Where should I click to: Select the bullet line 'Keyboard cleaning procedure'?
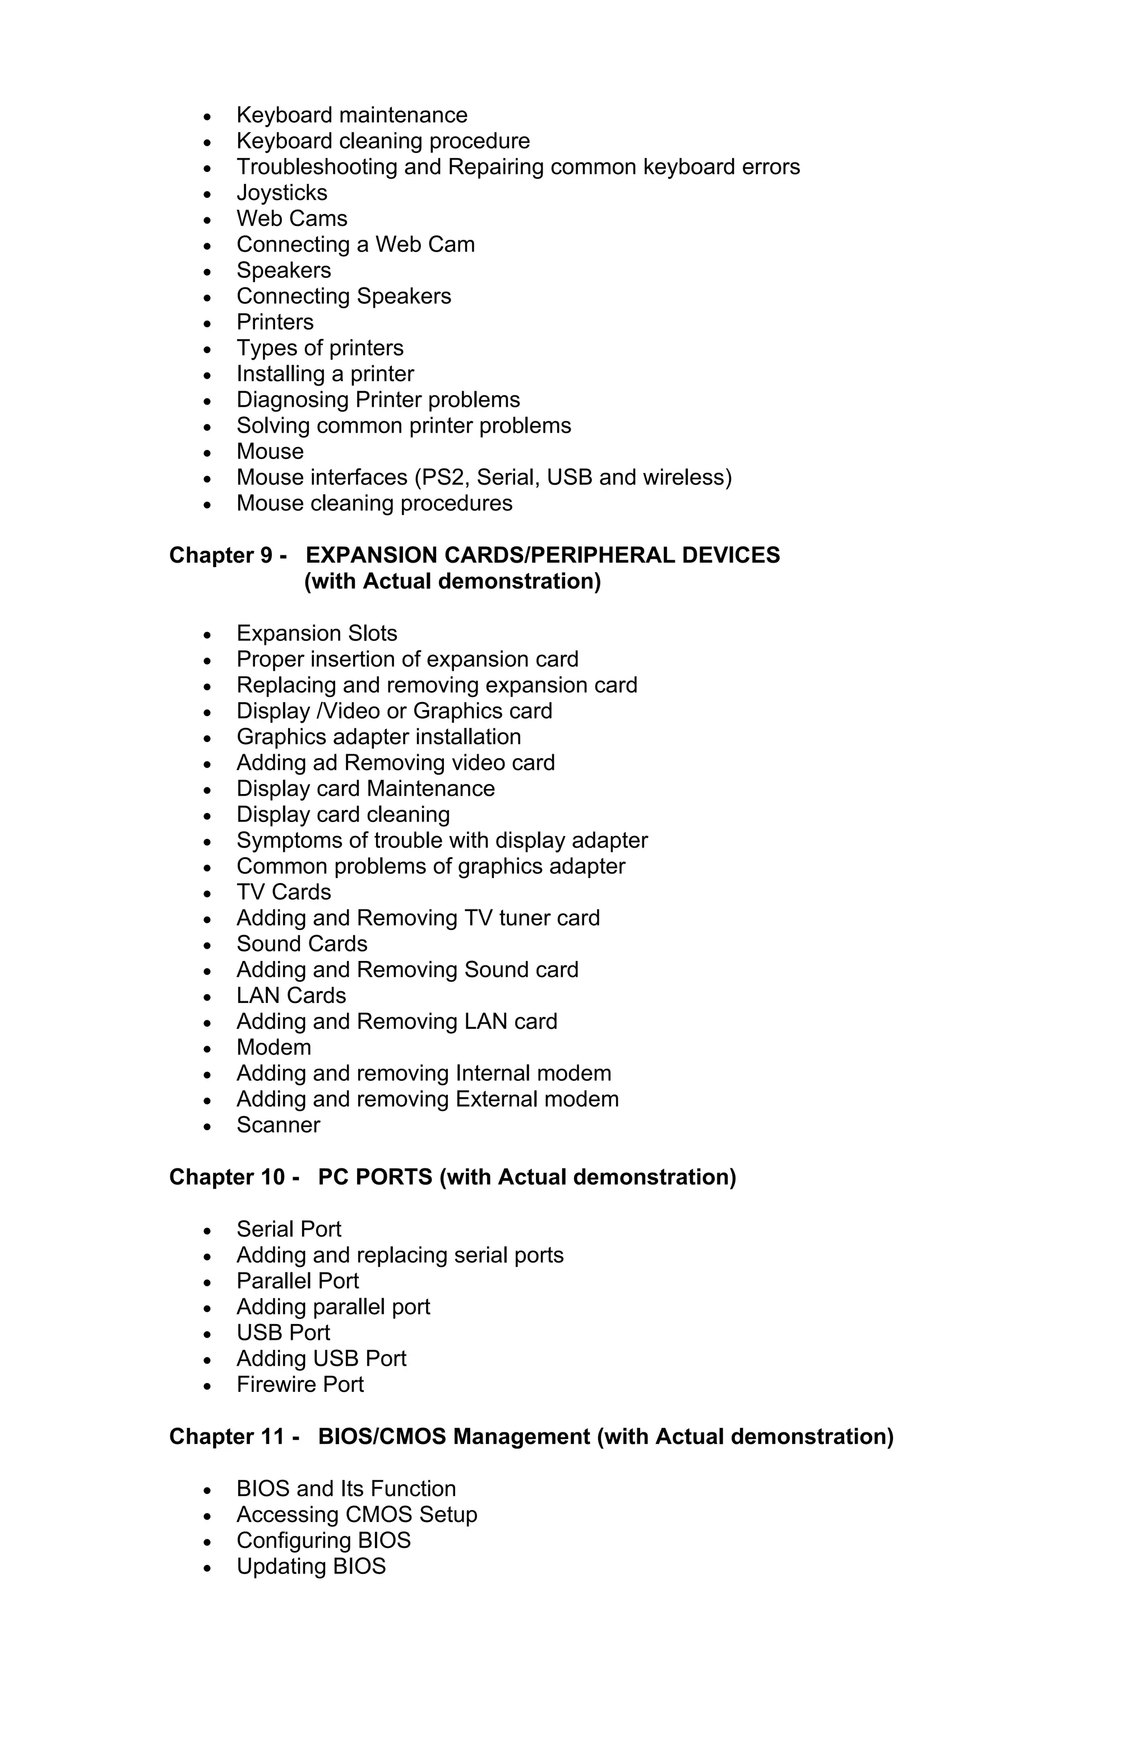pos(382,141)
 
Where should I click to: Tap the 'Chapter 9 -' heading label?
pos(227,555)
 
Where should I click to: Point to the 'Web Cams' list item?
pos(291,219)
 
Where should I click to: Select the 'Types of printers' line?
pos(320,347)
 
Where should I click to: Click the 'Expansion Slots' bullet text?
pos(317,633)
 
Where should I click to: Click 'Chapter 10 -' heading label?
pos(233,1176)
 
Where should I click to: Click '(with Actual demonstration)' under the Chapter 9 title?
pos(452,581)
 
